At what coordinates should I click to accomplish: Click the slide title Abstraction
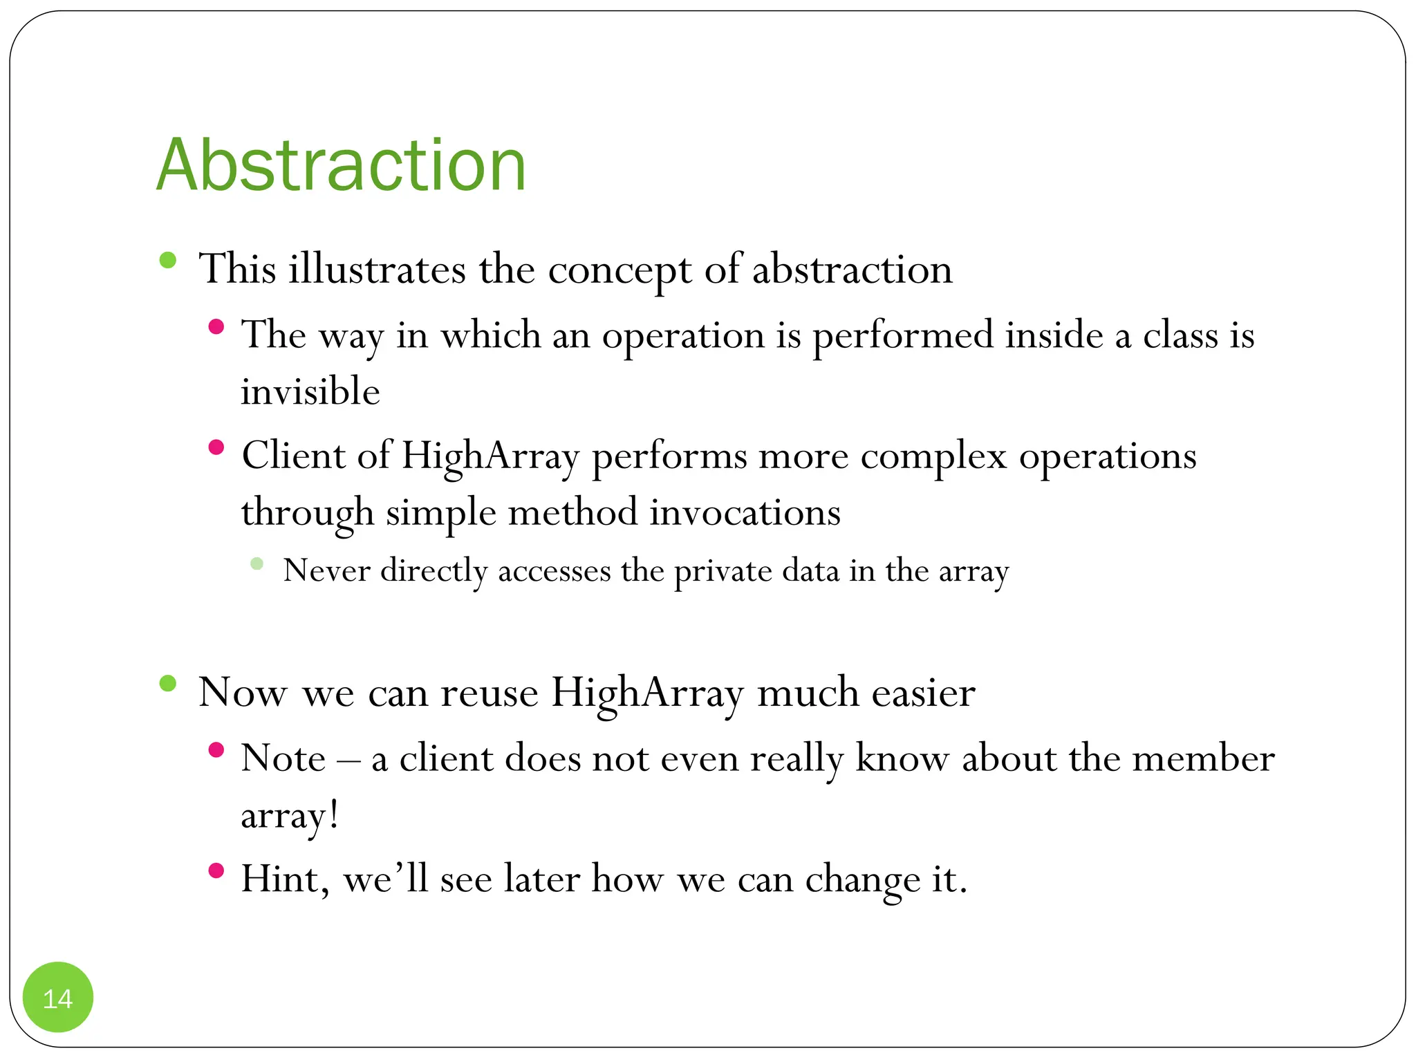[x=342, y=166]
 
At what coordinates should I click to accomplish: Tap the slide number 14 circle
[x=58, y=998]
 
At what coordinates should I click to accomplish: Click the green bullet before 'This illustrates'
[x=167, y=261]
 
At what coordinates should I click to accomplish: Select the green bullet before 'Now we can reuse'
[x=167, y=684]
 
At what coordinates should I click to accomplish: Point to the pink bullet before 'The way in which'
[x=216, y=326]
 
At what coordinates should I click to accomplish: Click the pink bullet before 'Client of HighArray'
[x=216, y=447]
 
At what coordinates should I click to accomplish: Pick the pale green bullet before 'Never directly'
[x=257, y=563]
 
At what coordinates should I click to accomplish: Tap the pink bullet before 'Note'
[x=216, y=749]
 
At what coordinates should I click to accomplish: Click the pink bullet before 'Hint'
[x=216, y=870]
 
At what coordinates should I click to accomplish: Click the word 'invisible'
[x=310, y=392]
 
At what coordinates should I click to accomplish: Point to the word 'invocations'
[x=745, y=513]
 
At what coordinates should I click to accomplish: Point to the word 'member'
[x=1203, y=758]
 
